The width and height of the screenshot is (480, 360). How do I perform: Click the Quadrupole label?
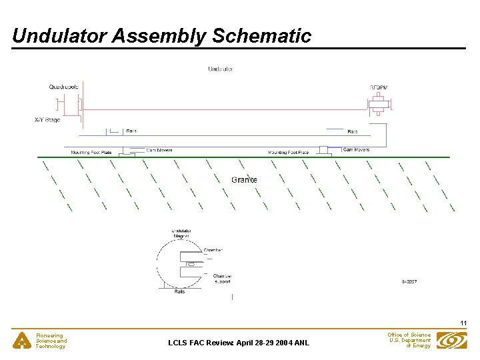tap(63, 87)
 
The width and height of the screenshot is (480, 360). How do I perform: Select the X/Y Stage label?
tap(47, 120)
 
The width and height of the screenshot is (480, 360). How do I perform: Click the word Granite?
tap(244, 179)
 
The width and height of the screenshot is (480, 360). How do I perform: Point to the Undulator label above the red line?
tap(220, 69)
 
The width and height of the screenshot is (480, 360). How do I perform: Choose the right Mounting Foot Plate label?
tap(289, 153)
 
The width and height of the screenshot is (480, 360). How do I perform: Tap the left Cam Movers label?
tap(159, 150)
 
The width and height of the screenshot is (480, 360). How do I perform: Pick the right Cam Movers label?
tap(356, 149)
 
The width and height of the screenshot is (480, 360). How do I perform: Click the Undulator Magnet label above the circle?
tap(181, 233)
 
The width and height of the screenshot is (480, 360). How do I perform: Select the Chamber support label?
tap(222, 279)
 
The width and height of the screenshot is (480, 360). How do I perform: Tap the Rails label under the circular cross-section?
tap(179, 291)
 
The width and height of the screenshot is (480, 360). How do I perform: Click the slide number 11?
tap(462, 323)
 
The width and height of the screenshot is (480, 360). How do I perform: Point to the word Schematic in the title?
tap(261, 36)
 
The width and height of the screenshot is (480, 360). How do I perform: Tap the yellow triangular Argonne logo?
tap(23, 341)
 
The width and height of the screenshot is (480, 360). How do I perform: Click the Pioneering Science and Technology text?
tap(51, 341)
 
